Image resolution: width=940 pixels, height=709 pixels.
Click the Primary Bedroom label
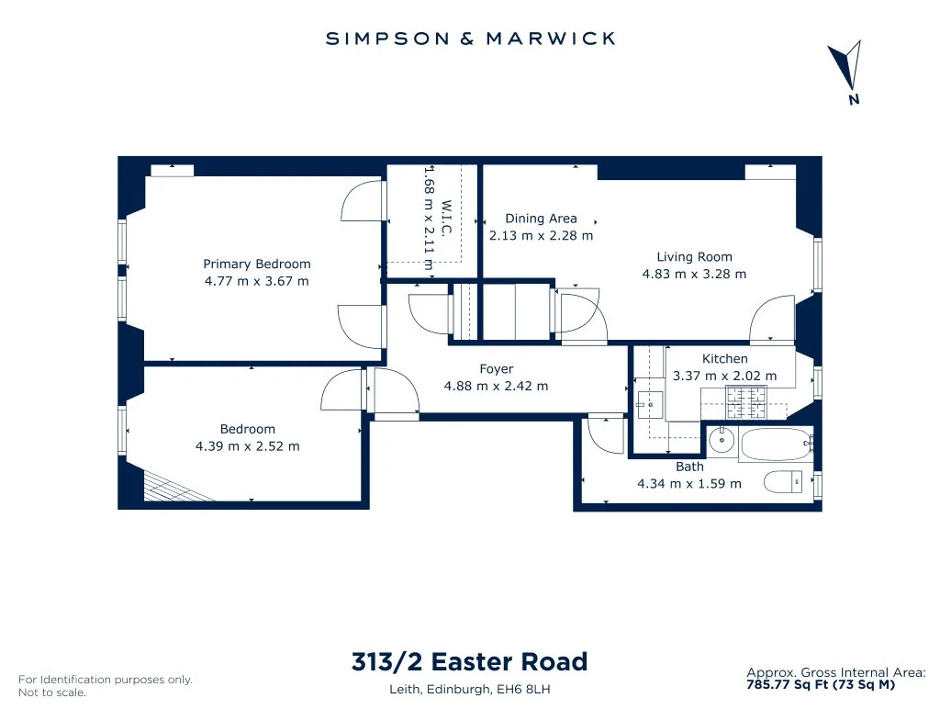tap(257, 264)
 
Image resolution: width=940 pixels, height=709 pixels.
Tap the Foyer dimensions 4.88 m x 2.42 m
tap(496, 386)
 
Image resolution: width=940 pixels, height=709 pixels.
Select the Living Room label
tap(694, 257)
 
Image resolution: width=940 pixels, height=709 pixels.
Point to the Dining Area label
tap(541, 219)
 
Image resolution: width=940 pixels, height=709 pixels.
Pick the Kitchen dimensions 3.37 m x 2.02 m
tap(725, 376)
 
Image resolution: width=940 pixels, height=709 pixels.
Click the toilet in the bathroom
tap(784, 481)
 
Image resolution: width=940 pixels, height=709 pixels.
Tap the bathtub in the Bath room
tap(776, 444)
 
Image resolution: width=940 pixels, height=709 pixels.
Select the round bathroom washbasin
tap(722, 440)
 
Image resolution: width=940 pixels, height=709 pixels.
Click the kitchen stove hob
tap(746, 402)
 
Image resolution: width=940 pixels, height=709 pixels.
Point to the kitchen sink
tap(650, 405)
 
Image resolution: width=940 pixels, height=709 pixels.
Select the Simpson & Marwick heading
tap(471, 39)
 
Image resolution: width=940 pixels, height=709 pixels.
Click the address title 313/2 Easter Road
tap(469, 661)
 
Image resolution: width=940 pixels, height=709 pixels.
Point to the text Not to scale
tap(52, 692)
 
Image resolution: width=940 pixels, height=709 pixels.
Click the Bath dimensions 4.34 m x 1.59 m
tap(689, 483)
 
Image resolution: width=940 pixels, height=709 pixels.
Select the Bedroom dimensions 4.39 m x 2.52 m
tap(248, 446)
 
